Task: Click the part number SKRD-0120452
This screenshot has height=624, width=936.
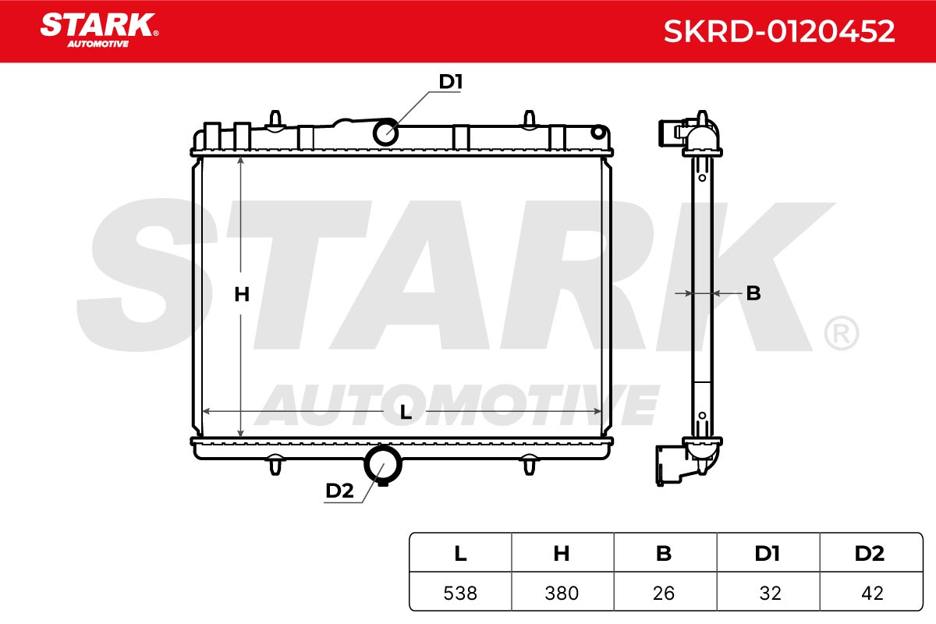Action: pyautogui.click(x=779, y=31)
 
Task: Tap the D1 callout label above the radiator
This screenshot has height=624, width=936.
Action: pyautogui.click(x=451, y=81)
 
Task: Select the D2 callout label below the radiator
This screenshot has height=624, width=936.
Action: pyautogui.click(x=339, y=491)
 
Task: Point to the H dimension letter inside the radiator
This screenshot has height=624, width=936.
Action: pyautogui.click(x=242, y=294)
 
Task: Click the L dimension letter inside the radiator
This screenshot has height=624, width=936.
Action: pyautogui.click(x=406, y=412)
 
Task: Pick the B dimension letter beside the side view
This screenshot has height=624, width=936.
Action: pyautogui.click(x=753, y=293)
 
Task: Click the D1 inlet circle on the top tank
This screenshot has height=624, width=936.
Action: pyautogui.click(x=385, y=133)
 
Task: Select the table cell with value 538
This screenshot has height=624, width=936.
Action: pyautogui.click(x=460, y=593)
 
